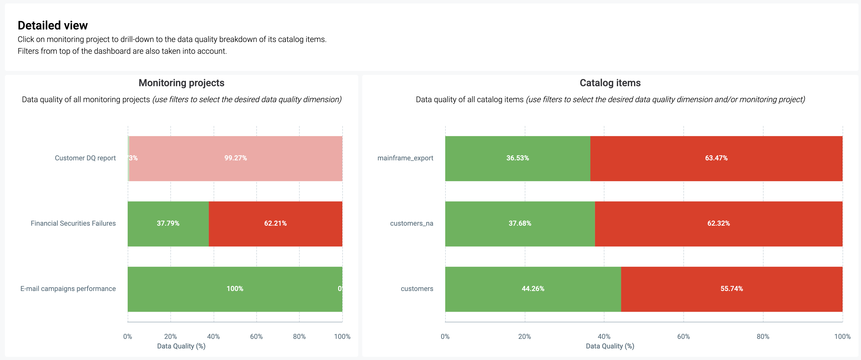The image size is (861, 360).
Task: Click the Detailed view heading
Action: pyautogui.click(x=53, y=25)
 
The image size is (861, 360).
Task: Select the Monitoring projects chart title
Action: pyautogui.click(x=181, y=83)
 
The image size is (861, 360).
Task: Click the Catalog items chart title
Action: pyautogui.click(x=610, y=83)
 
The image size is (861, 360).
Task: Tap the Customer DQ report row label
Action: pyautogui.click(x=85, y=158)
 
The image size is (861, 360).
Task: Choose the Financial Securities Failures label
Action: pyautogui.click(x=73, y=223)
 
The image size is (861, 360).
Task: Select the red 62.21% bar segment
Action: pyautogui.click(x=275, y=223)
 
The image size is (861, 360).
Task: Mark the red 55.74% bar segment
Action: pyautogui.click(x=731, y=289)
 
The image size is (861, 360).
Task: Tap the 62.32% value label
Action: pyautogui.click(x=718, y=223)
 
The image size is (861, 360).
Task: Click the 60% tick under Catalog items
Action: pyautogui.click(x=683, y=336)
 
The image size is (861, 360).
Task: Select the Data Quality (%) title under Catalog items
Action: pyautogui.click(x=610, y=346)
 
